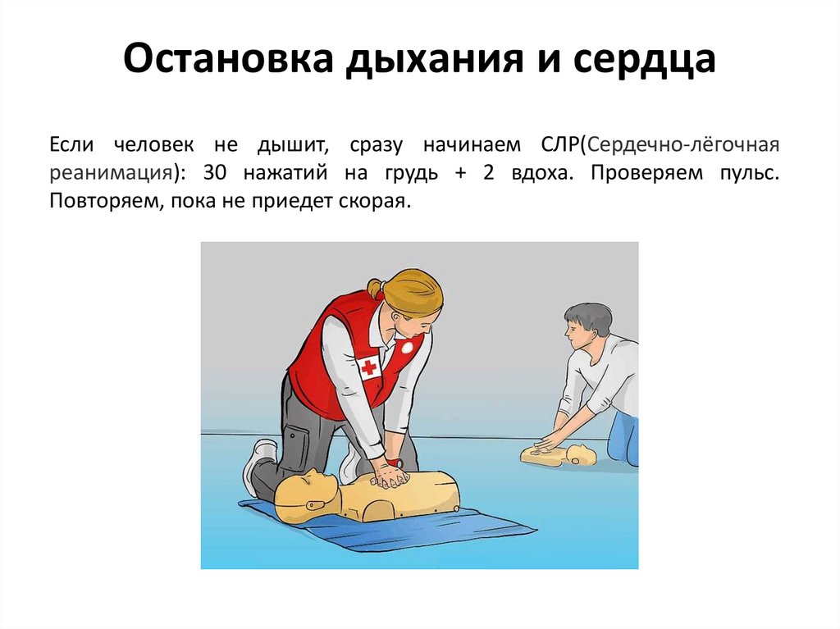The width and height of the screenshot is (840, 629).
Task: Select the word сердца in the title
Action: click(645, 60)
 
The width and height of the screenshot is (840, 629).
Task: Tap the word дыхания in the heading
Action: click(433, 60)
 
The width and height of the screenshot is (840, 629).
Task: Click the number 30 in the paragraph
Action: click(216, 172)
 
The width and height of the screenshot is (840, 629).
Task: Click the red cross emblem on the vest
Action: click(369, 367)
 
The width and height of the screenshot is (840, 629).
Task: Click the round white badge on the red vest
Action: click(409, 347)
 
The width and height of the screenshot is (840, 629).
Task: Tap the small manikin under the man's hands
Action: click(558, 455)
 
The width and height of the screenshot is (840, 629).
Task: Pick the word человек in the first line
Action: click(153, 145)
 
